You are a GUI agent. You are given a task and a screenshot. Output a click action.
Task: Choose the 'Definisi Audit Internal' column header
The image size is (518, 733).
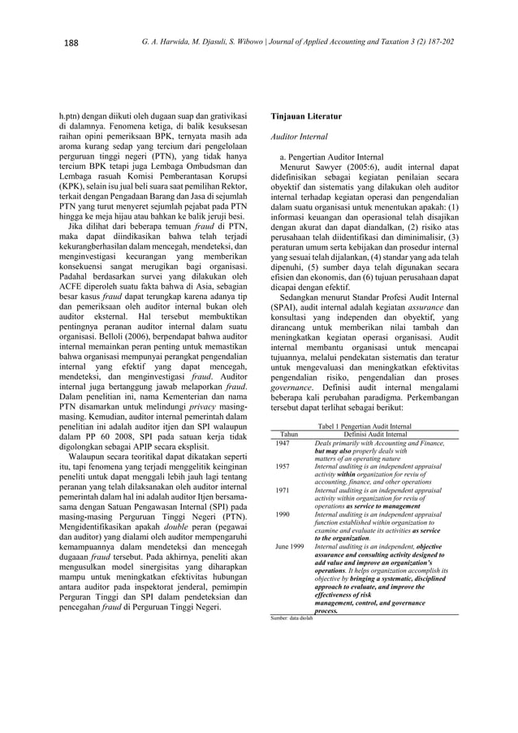tap(378, 435)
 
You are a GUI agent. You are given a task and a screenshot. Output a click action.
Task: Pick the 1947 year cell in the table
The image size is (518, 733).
tap(283, 443)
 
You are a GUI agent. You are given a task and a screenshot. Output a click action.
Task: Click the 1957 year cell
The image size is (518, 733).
tap(283, 466)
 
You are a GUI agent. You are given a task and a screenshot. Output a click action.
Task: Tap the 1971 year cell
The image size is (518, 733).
tap(283, 490)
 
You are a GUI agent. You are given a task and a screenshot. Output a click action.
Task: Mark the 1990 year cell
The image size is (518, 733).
tap(283, 514)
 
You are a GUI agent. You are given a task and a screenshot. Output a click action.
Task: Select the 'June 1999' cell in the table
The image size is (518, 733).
tap(289, 546)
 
